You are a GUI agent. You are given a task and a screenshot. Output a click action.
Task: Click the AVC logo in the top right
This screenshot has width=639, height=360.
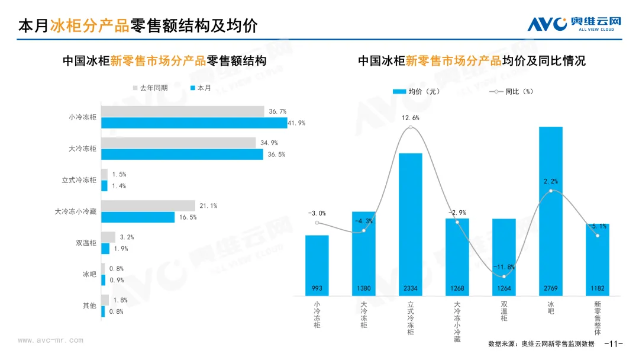[x=574, y=23]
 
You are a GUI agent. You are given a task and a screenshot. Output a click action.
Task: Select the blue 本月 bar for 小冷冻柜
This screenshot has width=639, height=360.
[x=193, y=123]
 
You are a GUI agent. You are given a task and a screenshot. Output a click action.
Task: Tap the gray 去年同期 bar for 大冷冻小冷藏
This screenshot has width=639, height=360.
[x=148, y=205]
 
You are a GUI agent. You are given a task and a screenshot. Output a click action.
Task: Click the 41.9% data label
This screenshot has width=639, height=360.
[x=296, y=123]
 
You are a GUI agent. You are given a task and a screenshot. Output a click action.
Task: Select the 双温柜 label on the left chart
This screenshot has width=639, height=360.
[x=86, y=243]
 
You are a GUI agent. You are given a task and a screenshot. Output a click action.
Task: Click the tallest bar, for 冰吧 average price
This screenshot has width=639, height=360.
[x=550, y=210]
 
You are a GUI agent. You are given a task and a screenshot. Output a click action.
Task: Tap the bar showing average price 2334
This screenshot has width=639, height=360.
[x=410, y=224]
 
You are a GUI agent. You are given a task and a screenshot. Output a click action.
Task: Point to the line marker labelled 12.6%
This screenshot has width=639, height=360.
[x=411, y=127]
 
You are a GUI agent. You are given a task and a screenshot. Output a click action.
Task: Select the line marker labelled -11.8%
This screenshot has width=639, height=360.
[x=504, y=276]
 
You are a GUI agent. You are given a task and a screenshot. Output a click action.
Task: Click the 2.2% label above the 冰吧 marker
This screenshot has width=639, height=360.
[x=551, y=181]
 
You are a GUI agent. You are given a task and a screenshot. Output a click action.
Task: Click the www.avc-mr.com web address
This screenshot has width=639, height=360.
[x=50, y=340]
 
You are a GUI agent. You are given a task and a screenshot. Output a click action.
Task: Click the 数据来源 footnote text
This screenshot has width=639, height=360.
[x=541, y=344]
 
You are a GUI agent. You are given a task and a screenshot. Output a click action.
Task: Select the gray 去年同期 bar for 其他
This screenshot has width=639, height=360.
[x=105, y=300]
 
